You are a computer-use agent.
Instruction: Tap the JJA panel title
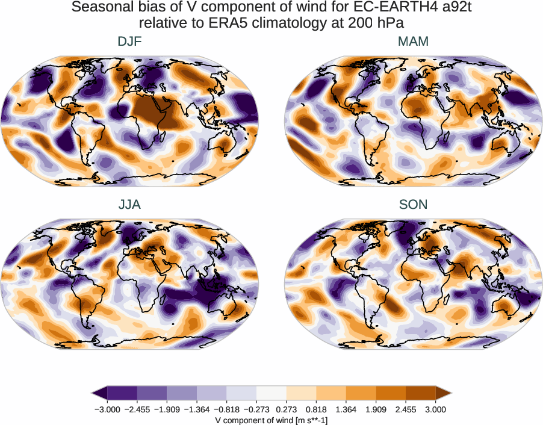point(130,205)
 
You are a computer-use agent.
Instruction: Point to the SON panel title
point(413,205)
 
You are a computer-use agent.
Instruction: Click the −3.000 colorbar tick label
point(108,409)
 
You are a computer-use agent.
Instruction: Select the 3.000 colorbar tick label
point(435,409)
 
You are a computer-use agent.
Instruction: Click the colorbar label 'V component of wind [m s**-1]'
point(271,420)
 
